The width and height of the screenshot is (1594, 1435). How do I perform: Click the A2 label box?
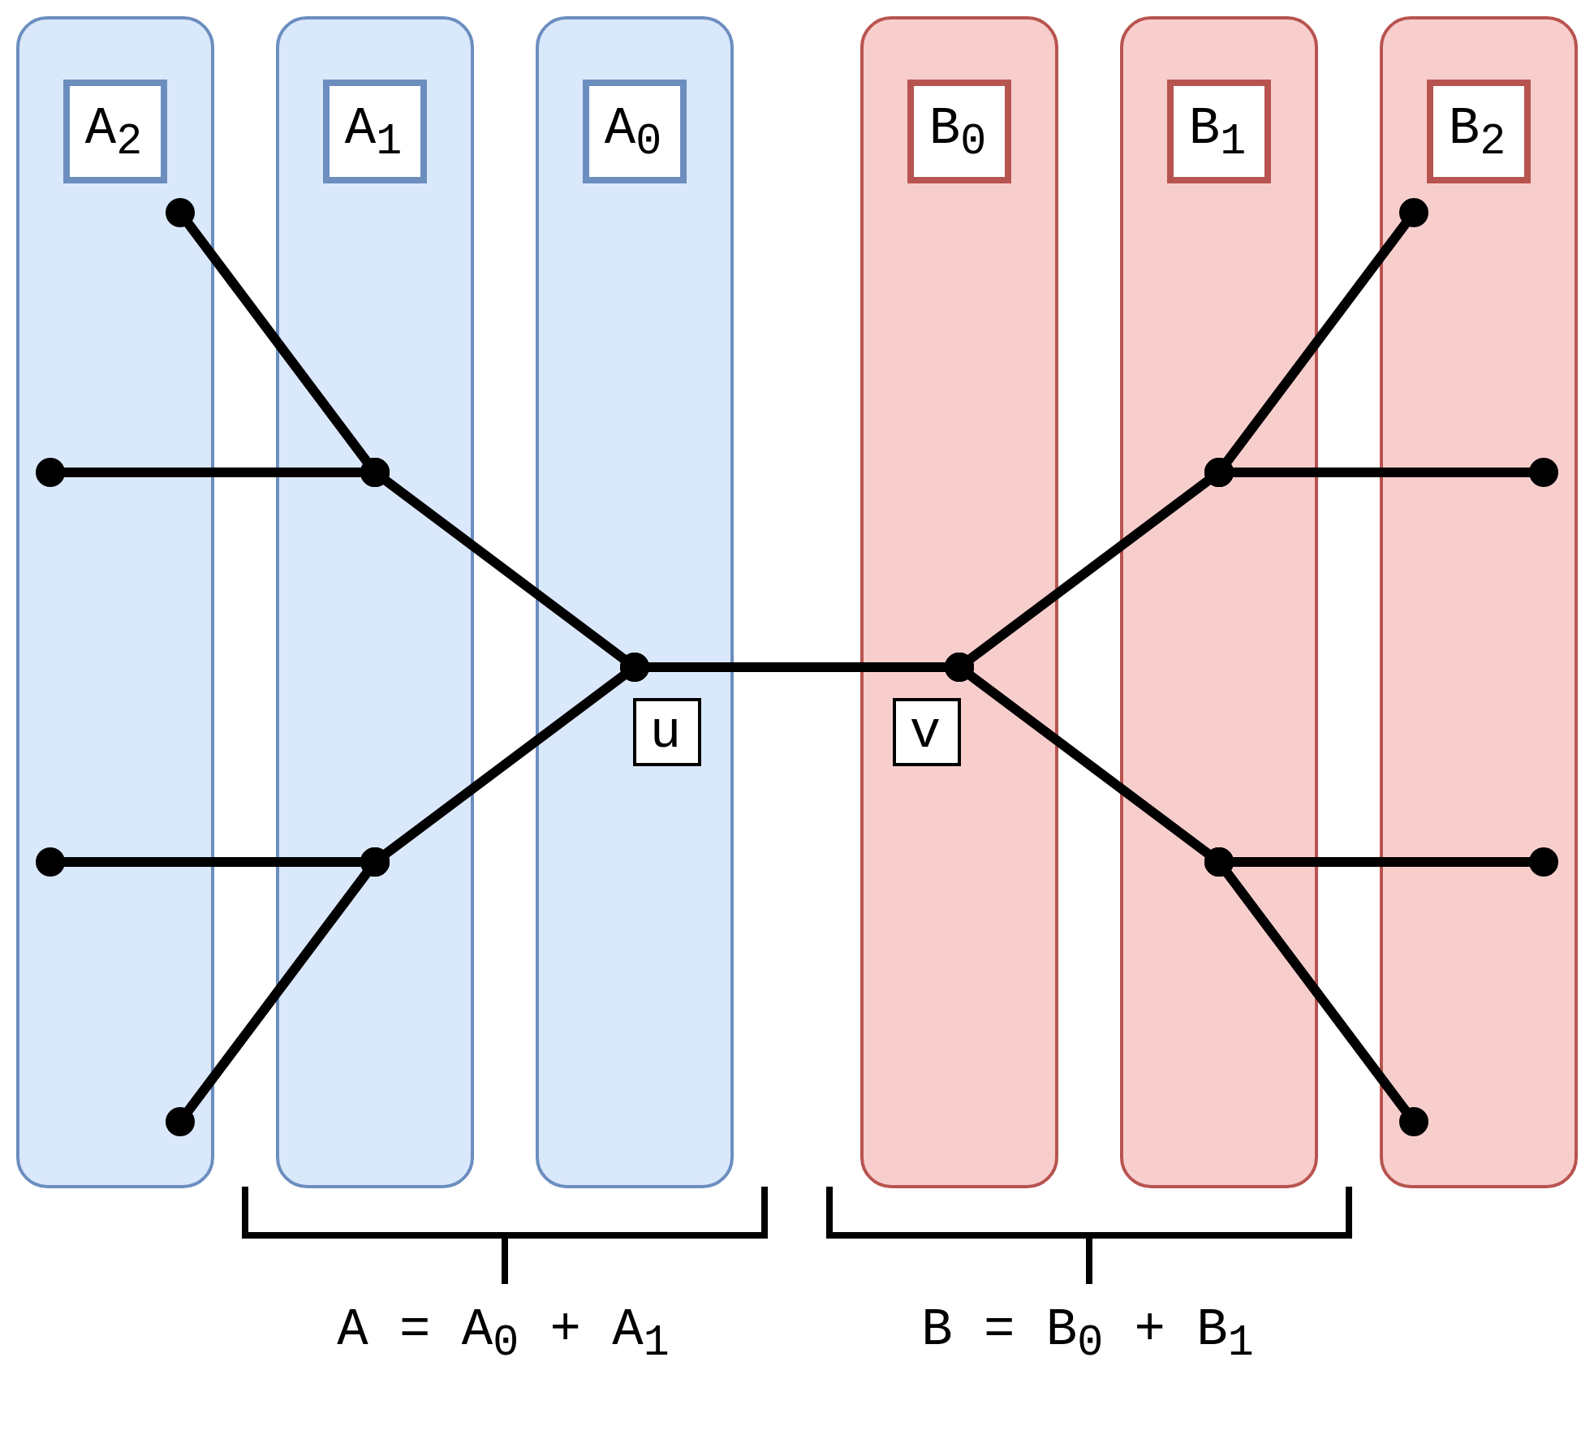point(115,131)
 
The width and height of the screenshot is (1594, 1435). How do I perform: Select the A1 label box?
point(375,131)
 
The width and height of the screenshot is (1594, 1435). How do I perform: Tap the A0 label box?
point(635,131)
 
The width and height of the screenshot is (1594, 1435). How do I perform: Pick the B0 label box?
point(959,131)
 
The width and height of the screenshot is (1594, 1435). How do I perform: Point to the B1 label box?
point(1219,131)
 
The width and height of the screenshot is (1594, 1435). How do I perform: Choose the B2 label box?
point(1479,131)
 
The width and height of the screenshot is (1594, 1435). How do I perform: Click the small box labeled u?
point(666,732)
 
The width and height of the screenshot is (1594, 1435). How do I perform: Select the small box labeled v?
point(926,732)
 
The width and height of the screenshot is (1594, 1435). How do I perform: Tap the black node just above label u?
point(635,667)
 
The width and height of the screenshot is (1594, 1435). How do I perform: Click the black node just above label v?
point(959,667)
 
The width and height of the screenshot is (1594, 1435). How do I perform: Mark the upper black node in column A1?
point(375,472)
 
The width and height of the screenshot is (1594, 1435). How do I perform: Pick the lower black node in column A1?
point(375,862)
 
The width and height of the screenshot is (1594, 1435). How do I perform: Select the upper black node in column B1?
point(1219,472)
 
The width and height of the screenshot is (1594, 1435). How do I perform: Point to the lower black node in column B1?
point(1219,862)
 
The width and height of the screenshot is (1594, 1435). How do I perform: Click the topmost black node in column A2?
point(180,213)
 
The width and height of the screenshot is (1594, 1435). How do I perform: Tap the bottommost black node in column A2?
point(180,1122)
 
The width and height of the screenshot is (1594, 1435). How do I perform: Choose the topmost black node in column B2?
point(1414,213)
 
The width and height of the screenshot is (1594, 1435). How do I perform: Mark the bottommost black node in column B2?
point(1414,1122)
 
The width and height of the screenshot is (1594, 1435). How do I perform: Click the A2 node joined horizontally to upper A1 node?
point(50,472)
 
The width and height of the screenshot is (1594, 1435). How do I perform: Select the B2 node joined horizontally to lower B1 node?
point(1544,862)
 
